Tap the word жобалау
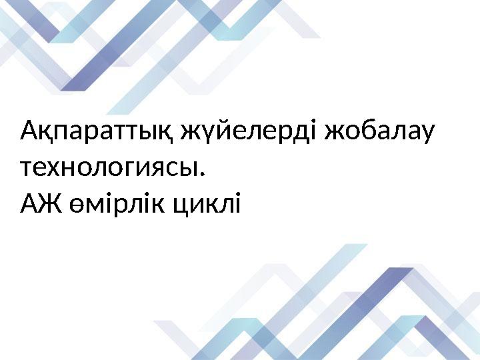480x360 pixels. (x=379, y=131)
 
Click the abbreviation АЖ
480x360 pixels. (x=41, y=203)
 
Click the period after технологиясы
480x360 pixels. (x=201, y=175)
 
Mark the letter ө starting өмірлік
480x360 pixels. (x=77, y=205)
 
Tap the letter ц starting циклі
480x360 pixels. (x=182, y=207)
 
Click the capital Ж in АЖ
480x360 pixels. (x=51, y=203)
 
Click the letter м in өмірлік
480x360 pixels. (x=97, y=205)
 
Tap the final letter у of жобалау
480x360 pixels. (x=427, y=135)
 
